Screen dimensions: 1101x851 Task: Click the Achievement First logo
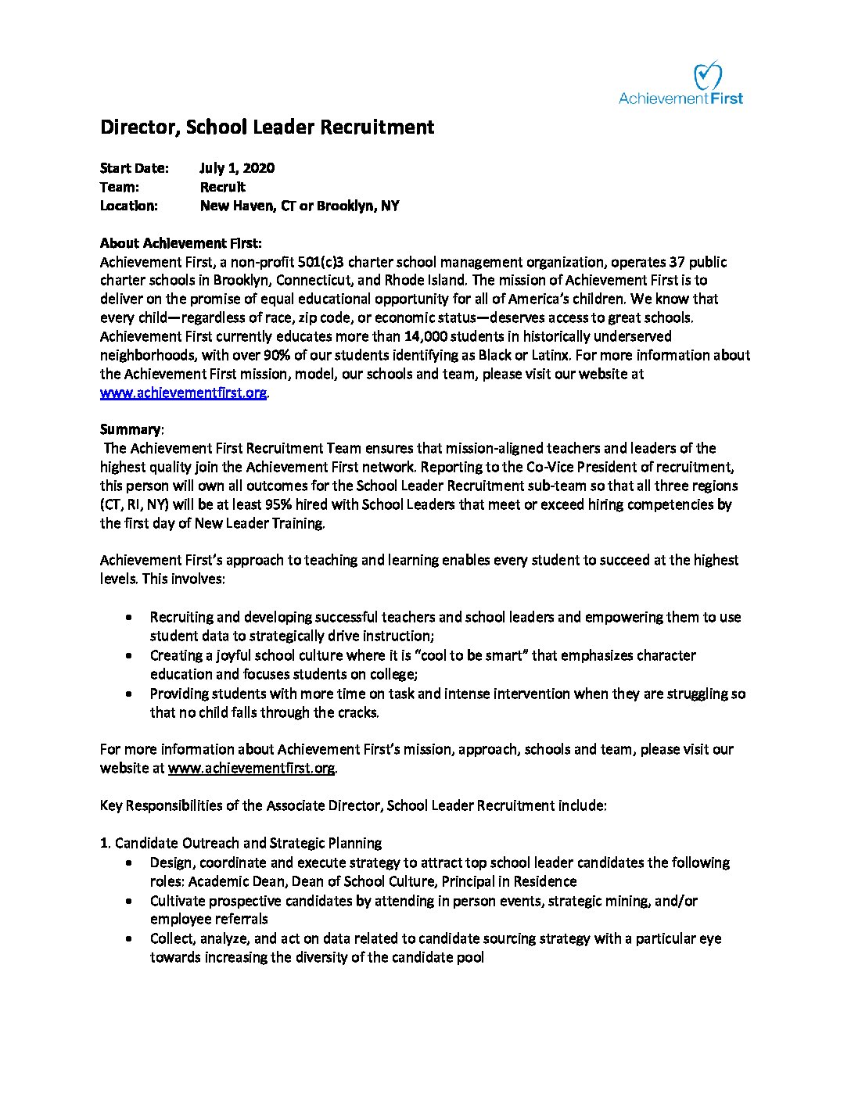(x=680, y=84)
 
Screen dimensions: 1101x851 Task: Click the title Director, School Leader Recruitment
(x=267, y=127)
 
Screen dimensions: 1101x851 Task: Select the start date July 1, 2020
(x=237, y=168)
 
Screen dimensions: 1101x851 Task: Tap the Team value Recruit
(x=222, y=187)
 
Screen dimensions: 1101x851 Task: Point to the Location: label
(x=128, y=206)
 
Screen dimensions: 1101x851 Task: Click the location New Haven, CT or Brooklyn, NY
(x=299, y=206)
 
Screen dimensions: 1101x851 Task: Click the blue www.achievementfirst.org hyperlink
(x=183, y=393)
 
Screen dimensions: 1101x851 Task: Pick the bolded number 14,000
(x=427, y=336)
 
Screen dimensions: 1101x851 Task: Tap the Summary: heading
(x=131, y=429)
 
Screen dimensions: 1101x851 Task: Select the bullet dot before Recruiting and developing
(x=129, y=618)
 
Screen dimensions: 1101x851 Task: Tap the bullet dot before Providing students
(x=129, y=694)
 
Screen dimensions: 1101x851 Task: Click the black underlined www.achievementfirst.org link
(x=251, y=768)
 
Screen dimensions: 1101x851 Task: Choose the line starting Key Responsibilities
(x=353, y=805)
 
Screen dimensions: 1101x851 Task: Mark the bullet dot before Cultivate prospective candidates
(x=129, y=902)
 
